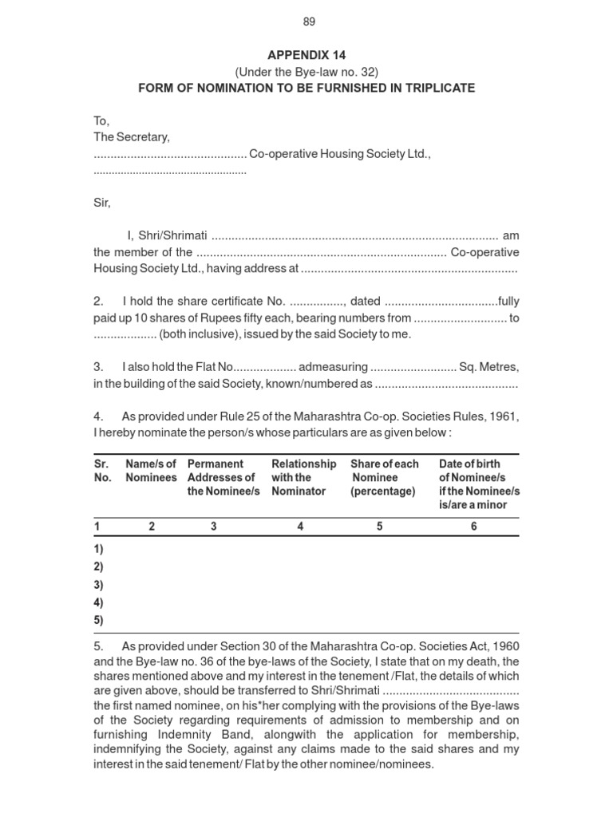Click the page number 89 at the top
point(308,22)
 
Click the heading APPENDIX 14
point(307,57)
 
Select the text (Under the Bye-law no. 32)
point(307,72)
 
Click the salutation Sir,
point(102,203)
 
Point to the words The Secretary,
point(132,137)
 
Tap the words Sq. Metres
point(488,367)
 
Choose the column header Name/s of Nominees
point(151,471)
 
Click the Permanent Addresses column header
point(223,477)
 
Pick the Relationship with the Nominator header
point(303,477)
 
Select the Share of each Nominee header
point(384,477)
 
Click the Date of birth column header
point(479,483)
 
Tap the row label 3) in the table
point(99,585)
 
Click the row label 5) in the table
point(99,620)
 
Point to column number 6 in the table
point(473,527)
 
